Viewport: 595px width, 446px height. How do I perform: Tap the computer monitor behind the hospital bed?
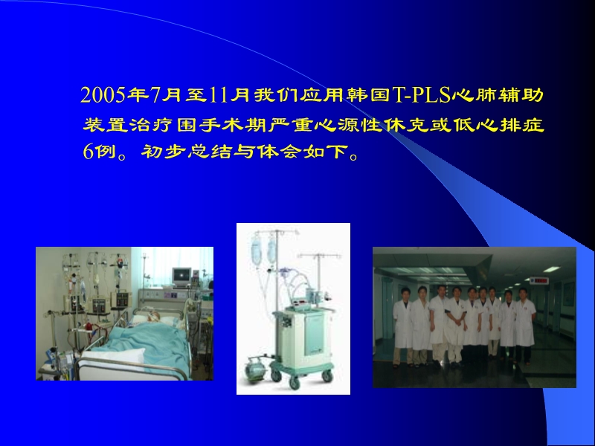(x=181, y=276)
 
